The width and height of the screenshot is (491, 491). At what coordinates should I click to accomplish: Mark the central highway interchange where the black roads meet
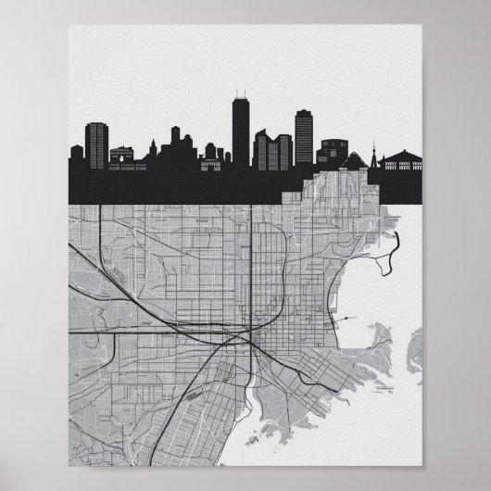[248, 339]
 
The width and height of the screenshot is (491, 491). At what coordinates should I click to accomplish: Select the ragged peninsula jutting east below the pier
[389, 343]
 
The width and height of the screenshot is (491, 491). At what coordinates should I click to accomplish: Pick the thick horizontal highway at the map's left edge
[93, 329]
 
